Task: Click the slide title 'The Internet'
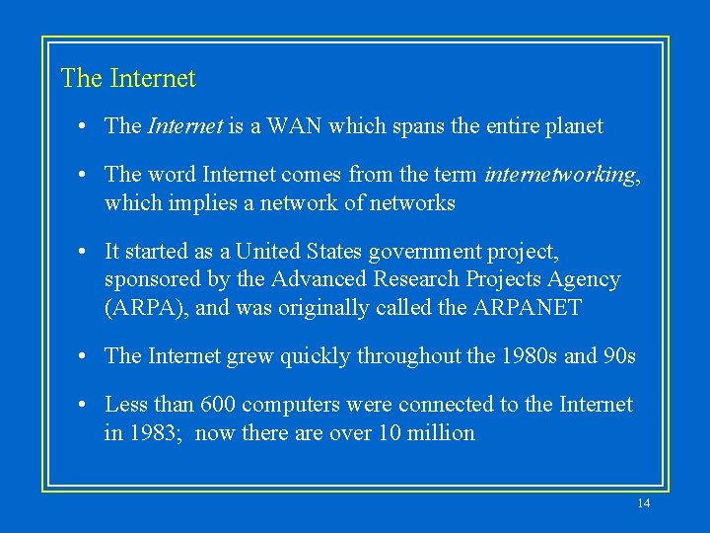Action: [128, 78]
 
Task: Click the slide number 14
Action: [644, 503]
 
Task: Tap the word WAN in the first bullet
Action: [295, 126]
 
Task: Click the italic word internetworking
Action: [559, 176]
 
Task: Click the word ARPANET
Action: [528, 308]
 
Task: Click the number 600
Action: [217, 405]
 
